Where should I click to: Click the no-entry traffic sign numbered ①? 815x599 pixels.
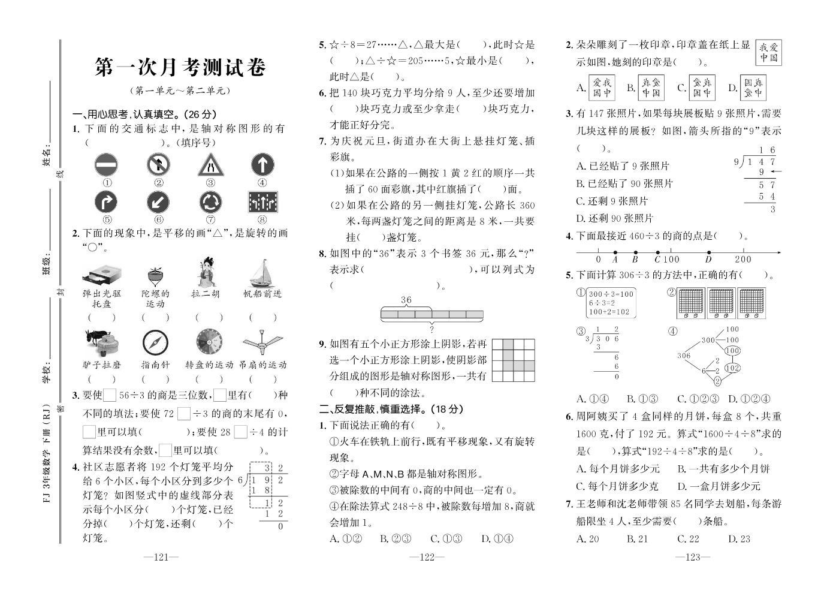click(x=106, y=165)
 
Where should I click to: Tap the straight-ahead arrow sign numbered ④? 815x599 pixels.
click(x=262, y=165)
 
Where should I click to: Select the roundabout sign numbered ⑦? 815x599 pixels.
click(x=210, y=203)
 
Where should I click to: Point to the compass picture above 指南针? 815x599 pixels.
click(x=156, y=343)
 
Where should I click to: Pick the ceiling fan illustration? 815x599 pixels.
click(x=262, y=343)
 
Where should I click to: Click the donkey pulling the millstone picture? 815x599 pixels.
click(x=101, y=343)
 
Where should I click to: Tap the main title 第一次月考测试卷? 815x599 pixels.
click(x=180, y=67)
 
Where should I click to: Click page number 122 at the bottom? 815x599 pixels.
click(x=426, y=557)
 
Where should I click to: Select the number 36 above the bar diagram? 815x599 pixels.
click(x=406, y=300)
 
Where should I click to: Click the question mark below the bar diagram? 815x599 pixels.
click(x=431, y=329)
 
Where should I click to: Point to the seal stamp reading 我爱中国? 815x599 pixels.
click(x=769, y=53)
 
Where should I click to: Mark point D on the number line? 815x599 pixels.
click(x=709, y=253)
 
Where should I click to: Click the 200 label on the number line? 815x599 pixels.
click(x=742, y=260)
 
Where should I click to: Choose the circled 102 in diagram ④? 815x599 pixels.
click(x=732, y=368)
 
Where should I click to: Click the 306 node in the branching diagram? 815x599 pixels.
click(x=684, y=356)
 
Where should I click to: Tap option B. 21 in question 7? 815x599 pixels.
click(x=637, y=539)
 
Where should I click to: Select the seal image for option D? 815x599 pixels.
click(x=753, y=88)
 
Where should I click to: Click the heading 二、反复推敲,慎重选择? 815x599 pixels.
click(x=391, y=409)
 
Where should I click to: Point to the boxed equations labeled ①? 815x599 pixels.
click(x=611, y=303)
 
